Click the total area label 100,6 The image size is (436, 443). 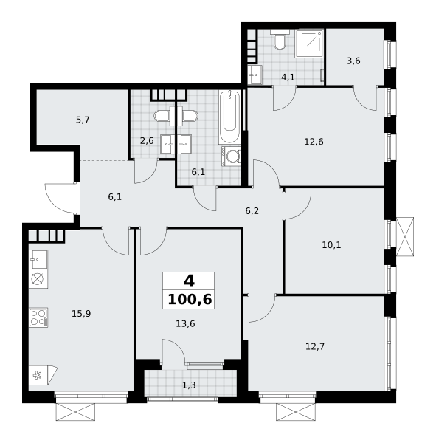(190, 299)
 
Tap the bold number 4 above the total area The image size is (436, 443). (189, 281)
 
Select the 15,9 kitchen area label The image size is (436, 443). (81, 314)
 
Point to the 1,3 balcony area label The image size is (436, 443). (189, 385)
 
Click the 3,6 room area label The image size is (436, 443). (353, 61)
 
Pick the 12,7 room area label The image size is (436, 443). (315, 346)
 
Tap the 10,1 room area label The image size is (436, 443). (331, 245)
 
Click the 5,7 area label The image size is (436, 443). (83, 120)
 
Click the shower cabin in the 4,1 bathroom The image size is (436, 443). (309, 44)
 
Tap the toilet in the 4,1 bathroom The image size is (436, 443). (280, 40)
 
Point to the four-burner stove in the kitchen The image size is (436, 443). (38, 317)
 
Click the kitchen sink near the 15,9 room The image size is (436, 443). (38, 259)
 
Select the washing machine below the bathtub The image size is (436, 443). (231, 156)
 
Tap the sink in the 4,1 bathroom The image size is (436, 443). (255, 75)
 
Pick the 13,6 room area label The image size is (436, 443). (185, 324)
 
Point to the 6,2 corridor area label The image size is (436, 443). (252, 211)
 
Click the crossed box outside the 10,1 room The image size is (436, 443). (405, 237)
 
